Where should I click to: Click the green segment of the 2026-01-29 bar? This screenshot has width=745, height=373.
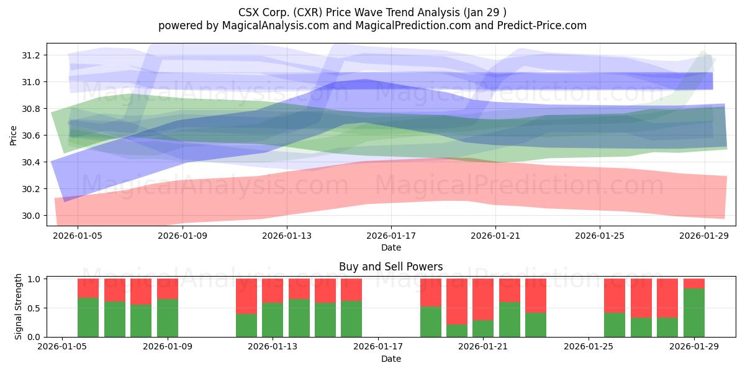click(694, 313)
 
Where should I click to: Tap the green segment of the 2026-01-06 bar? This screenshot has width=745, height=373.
click(88, 317)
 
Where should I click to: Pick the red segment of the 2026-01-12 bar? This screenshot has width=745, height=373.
click(246, 296)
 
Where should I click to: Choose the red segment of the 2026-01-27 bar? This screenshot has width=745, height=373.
click(641, 298)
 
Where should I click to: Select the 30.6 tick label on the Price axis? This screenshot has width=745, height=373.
click(31, 136)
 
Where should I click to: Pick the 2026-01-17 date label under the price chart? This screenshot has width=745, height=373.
click(391, 236)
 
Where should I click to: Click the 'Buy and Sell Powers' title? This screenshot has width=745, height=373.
click(391, 267)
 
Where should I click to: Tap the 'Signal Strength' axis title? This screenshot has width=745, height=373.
click(19, 306)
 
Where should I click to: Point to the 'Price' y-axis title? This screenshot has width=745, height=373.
click(14, 135)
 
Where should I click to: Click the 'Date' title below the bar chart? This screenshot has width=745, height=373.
click(391, 359)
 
